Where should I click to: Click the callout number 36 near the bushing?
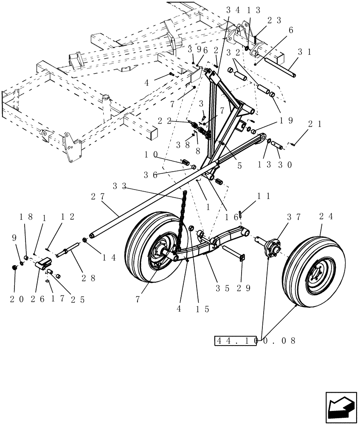pyautogui.click(x=152, y=174)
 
